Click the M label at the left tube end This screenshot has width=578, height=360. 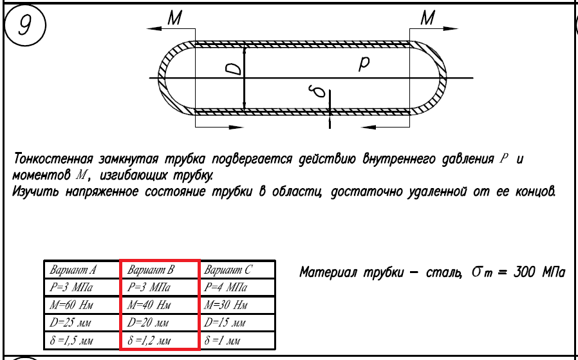(x=174, y=19)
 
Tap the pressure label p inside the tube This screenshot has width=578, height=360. (x=364, y=63)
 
